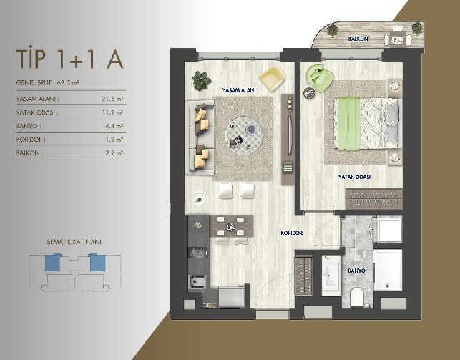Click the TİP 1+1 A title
(70, 59)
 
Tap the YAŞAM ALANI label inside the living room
(239, 90)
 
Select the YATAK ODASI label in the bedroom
(354, 177)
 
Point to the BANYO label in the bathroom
(356, 271)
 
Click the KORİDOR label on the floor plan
(292, 233)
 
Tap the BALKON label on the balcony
(358, 39)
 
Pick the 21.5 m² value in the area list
(112, 99)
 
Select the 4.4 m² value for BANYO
(114, 126)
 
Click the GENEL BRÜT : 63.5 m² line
(48, 83)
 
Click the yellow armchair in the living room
(272, 78)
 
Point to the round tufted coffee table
(244, 134)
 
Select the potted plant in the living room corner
(202, 80)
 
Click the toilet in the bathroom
(357, 296)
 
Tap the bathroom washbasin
(331, 273)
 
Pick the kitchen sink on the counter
(197, 283)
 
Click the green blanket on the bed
(349, 124)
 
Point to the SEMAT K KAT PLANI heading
(74, 242)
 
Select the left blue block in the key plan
(53, 263)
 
